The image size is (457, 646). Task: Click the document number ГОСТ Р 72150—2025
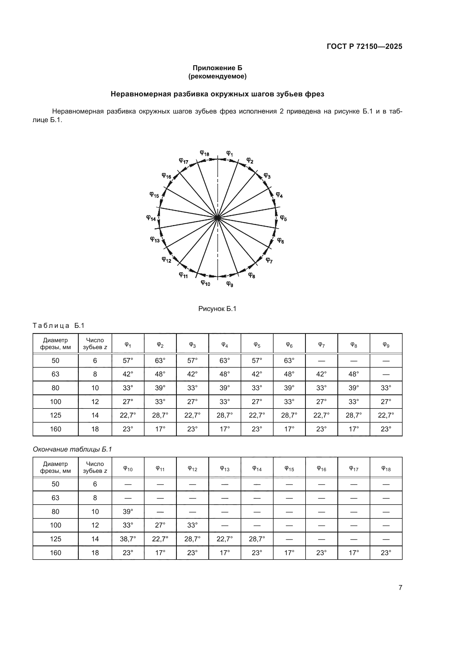coord(364,46)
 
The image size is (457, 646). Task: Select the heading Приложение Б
coord(217,68)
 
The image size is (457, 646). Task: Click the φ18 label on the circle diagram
coord(204,153)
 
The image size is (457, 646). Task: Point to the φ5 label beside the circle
coord(283,218)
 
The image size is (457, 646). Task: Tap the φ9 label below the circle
coord(230,284)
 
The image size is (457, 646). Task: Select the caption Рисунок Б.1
coord(217,309)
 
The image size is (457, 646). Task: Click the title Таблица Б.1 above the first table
coord(59,326)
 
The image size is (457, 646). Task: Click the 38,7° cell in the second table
coord(128,539)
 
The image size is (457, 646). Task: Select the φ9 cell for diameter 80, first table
coord(386,388)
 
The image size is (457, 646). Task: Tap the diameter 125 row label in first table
coord(56,415)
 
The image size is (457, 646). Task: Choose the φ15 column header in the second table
coord(289,468)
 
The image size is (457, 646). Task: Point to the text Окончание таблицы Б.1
coord(72,449)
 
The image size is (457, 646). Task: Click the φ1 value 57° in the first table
coord(128,360)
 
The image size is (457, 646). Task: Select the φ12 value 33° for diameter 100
coord(192,525)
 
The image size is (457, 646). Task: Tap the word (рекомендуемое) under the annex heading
coord(217,77)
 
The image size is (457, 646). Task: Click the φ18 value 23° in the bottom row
coord(386,553)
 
